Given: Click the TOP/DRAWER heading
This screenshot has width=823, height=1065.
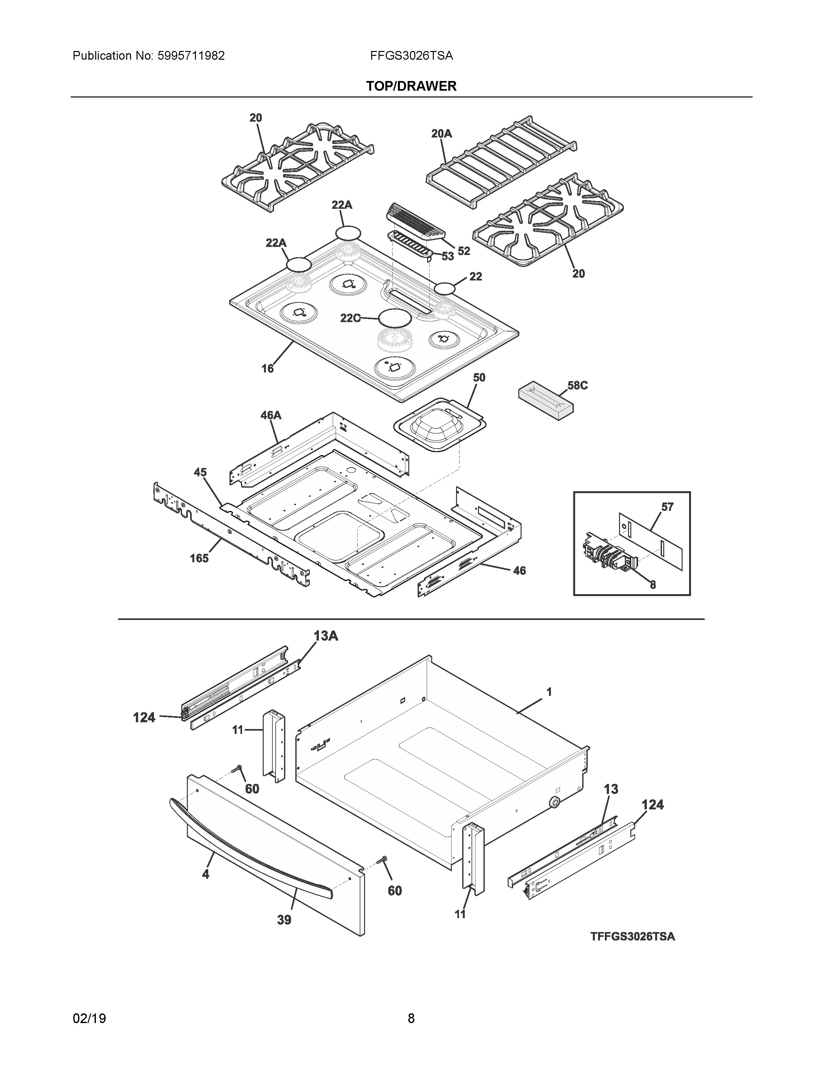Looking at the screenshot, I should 411,86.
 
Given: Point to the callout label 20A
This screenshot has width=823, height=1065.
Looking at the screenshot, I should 441,133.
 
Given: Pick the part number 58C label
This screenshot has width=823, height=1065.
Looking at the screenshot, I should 577,385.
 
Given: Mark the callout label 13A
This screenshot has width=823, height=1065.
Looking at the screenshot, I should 326,635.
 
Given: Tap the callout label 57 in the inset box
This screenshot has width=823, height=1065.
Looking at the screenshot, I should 667,507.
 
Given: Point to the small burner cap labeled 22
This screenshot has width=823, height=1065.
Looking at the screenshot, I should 445,288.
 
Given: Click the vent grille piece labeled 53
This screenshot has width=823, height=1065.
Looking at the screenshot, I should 410,243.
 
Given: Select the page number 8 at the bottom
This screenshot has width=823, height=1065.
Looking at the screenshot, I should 411,1018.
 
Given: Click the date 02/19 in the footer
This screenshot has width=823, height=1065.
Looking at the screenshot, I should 89,1018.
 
